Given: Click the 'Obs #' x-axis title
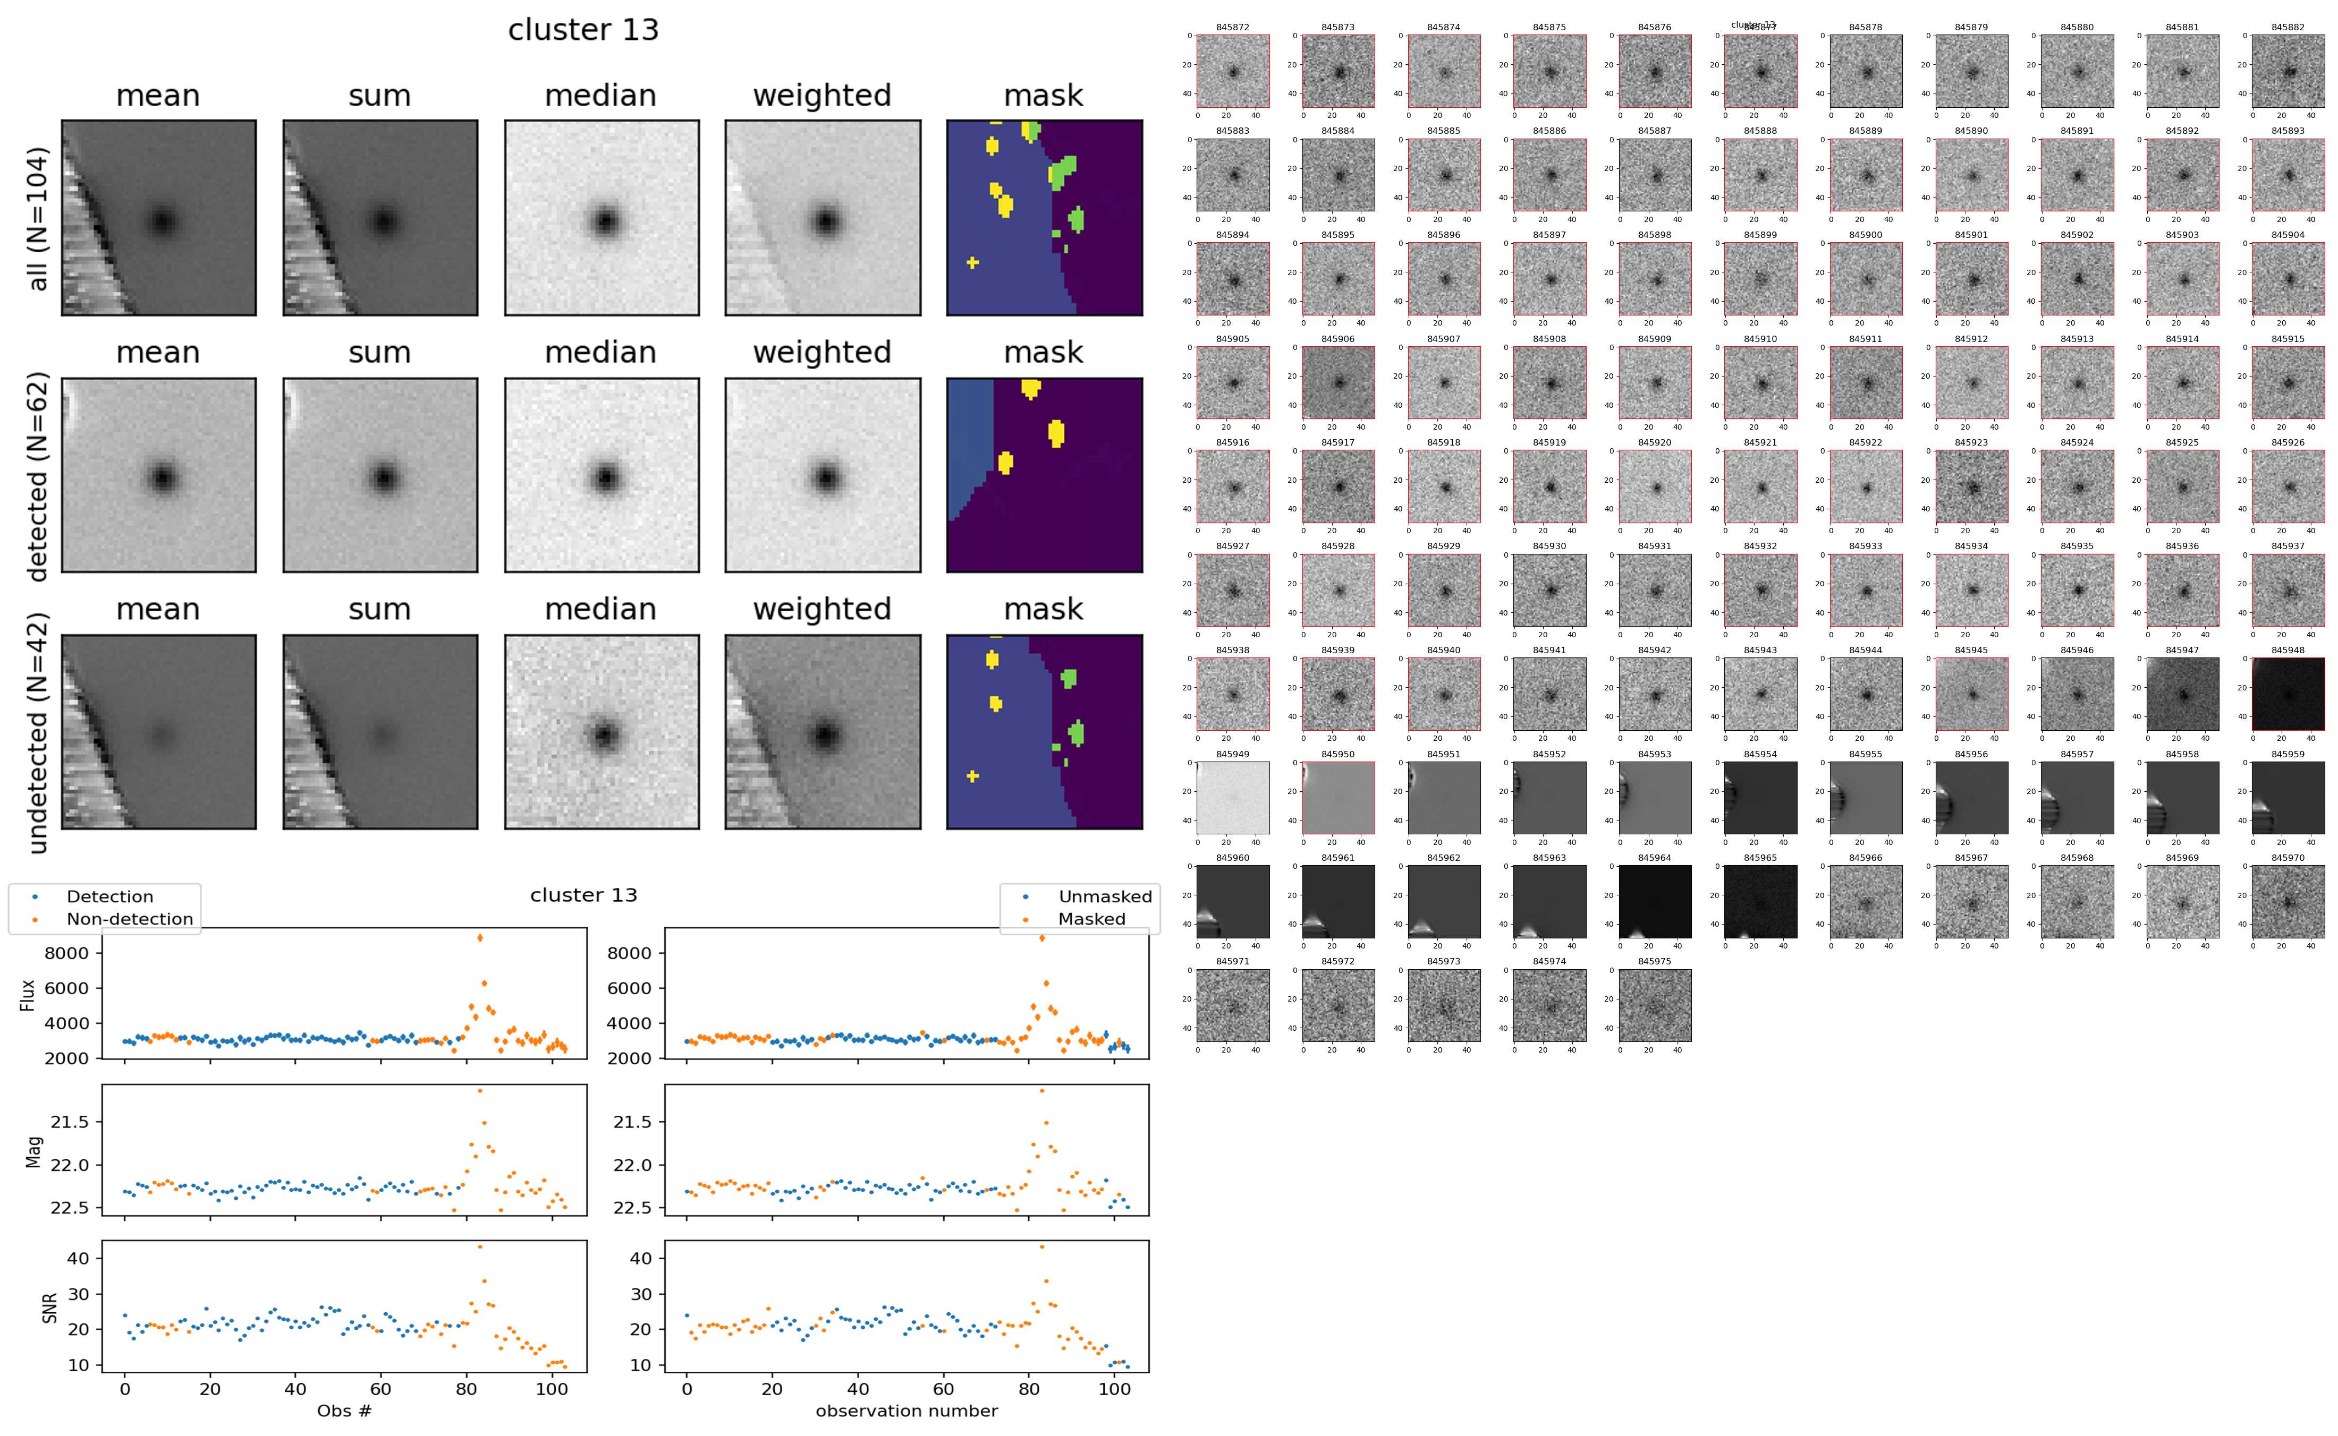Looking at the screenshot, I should (x=344, y=1411).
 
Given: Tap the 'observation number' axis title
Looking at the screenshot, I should (x=907, y=1411).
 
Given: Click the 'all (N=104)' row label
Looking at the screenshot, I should (x=37, y=218).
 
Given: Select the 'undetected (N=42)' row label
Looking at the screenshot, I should (x=37, y=732).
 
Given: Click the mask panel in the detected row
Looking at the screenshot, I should (x=1044, y=475).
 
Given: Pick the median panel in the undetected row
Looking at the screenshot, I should (x=602, y=732).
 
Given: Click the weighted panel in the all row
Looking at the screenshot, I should (x=823, y=218).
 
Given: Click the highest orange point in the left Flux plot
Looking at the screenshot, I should (x=480, y=937).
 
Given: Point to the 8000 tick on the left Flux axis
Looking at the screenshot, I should (x=70, y=953).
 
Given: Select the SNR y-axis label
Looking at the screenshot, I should (x=49, y=1307).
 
